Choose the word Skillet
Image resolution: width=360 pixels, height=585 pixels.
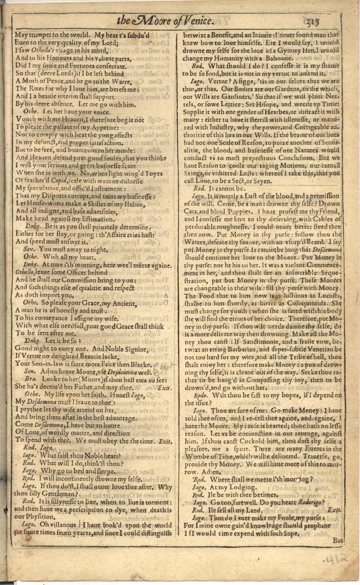98,203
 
